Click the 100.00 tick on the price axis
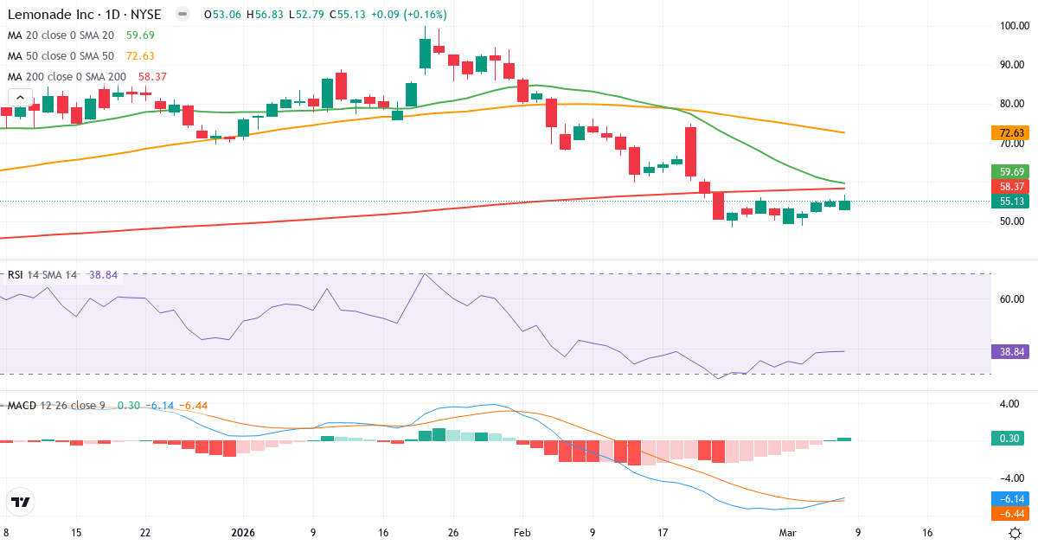[x=1012, y=26]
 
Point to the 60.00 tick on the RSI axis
[x=1012, y=299]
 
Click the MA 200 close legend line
[x=67, y=76]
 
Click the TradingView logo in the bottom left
[x=20, y=502]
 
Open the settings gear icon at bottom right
[x=1017, y=533]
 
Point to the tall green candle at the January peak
[x=425, y=53]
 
